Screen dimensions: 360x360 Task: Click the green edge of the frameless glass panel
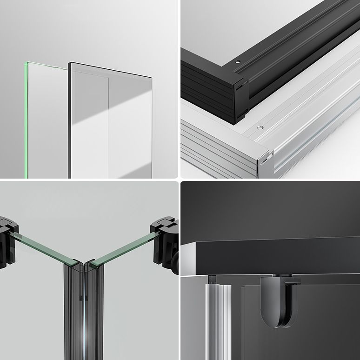click(26, 121)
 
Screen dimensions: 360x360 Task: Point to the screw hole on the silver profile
click(261, 127)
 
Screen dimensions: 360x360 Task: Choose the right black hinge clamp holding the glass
click(166, 242)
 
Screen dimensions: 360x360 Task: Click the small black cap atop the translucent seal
click(212, 279)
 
